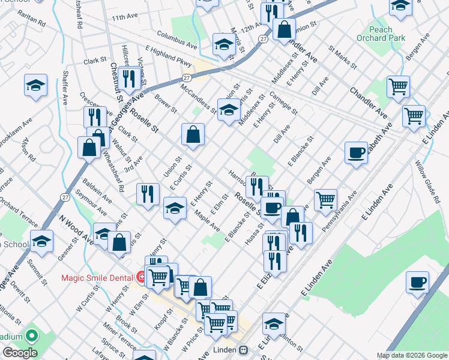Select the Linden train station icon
tap(244, 350)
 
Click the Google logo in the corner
tap(20, 353)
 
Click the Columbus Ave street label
tap(177, 40)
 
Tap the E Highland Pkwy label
tap(168, 59)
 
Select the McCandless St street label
tap(198, 98)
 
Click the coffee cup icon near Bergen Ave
tap(356, 152)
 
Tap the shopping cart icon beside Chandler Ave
tap(398, 87)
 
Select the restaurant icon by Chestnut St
tap(129, 78)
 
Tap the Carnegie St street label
tap(283, 103)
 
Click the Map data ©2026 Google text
tap(412, 355)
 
